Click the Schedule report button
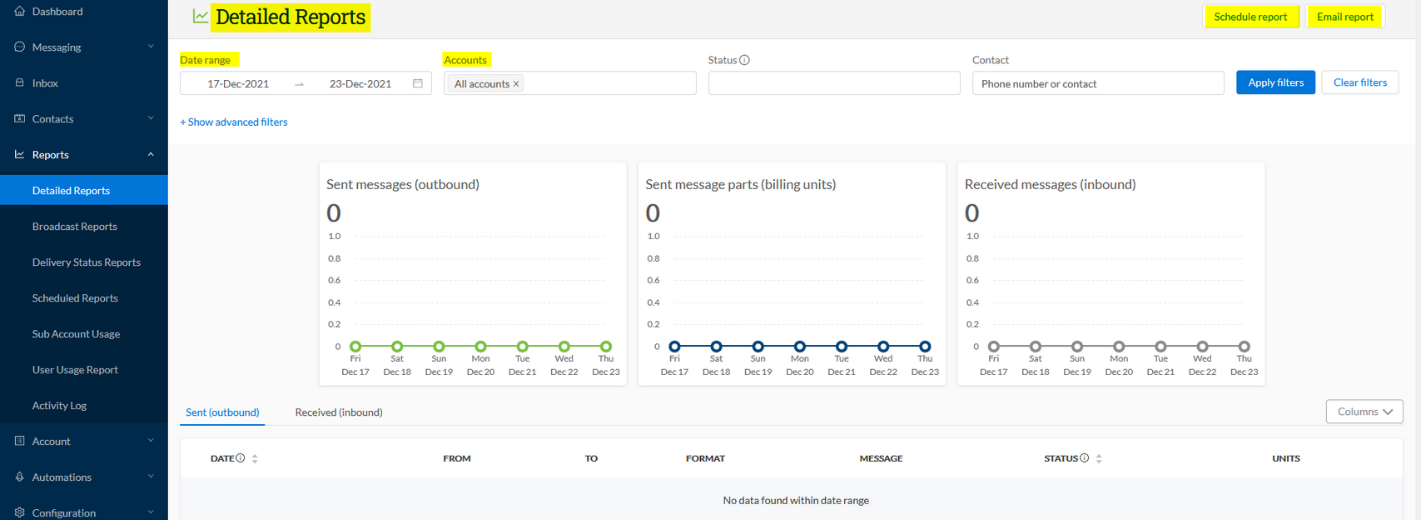[1250, 17]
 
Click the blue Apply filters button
[1275, 82]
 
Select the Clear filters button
[1359, 82]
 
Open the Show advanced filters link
[234, 122]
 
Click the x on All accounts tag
[516, 84]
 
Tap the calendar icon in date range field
[418, 83]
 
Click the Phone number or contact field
[1097, 83]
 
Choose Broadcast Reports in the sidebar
[75, 227]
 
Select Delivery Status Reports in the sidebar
[87, 262]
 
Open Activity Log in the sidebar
[59, 406]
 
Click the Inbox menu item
[45, 83]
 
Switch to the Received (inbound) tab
[339, 412]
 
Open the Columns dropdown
[1364, 412]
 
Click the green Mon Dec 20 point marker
[480, 347]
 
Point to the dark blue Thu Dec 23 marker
[925, 347]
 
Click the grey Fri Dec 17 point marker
[993, 347]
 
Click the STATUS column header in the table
[1061, 458]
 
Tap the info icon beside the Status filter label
[744, 60]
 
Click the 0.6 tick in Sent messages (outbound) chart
[334, 281]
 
